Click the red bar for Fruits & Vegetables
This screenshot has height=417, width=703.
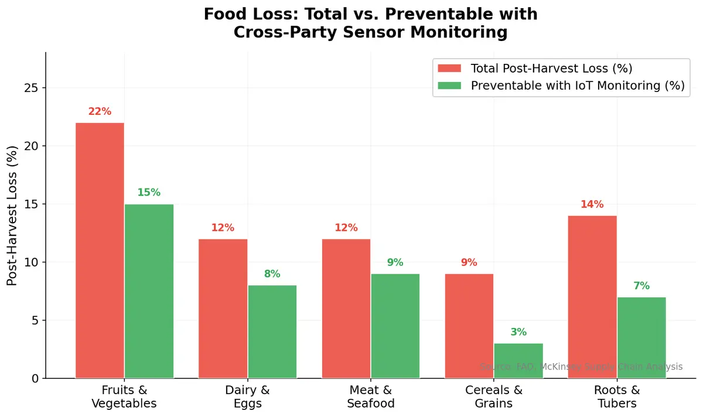tap(100, 251)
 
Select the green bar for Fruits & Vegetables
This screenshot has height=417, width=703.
tap(149, 291)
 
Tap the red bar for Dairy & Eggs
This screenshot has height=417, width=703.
tap(223, 309)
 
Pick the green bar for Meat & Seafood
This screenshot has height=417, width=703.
tap(395, 326)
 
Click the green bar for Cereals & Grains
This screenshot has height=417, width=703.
tap(518, 361)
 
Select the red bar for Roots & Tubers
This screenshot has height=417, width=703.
tap(592, 297)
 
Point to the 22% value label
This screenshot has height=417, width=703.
tap(100, 111)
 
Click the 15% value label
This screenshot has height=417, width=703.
tap(149, 193)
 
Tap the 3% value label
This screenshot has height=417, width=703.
tap(518, 332)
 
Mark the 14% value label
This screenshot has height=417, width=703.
tap(592, 204)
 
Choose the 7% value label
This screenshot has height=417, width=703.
tap(641, 286)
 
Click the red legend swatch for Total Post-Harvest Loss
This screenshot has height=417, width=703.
tap(449, 69)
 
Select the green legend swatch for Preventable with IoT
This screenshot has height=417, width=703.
tap(449, 86)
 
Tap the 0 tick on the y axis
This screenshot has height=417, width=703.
tap(35, 378)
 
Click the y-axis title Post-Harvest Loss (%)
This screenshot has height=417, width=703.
tap(12, 216)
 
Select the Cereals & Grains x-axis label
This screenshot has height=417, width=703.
tap(494, 397)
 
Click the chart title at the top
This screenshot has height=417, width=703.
tap(370, 23)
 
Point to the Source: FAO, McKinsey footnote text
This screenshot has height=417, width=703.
tap(581, 367)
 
